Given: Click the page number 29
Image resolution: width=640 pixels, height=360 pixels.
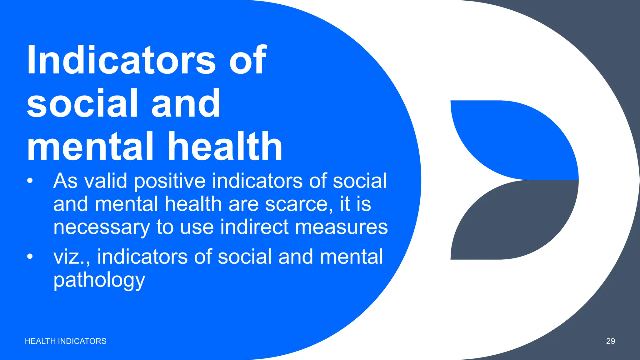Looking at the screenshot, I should pos(610,341).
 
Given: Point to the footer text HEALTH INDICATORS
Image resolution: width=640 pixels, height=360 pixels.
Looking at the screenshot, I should pos(66,341).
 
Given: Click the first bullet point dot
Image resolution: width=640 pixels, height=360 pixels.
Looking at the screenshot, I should pos(30,181).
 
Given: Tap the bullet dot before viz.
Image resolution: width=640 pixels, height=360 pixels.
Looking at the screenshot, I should pos(30,257).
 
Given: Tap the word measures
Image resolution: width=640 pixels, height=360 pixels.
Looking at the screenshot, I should pos(341,227).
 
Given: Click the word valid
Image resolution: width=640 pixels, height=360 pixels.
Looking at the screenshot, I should pos(106,181).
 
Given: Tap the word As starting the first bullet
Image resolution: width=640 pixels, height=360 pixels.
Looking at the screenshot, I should pos(65,181).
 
